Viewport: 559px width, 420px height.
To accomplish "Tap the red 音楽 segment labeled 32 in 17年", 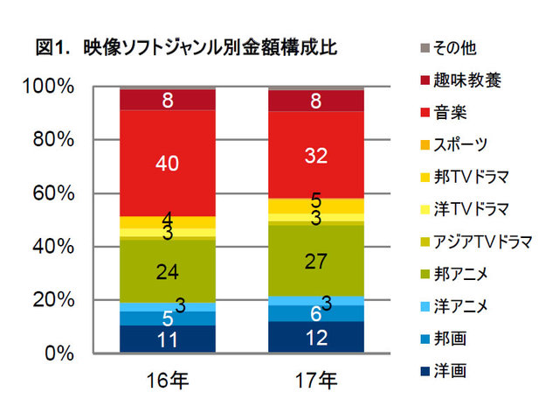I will coord(315,155).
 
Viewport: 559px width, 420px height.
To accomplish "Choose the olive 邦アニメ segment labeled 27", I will coord(315,261).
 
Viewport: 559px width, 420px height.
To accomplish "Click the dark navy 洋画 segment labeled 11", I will coord(168,339).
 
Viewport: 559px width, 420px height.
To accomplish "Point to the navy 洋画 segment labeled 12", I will coord(315,337).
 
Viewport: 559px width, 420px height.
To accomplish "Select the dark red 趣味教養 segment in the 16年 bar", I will coord(168,99).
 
